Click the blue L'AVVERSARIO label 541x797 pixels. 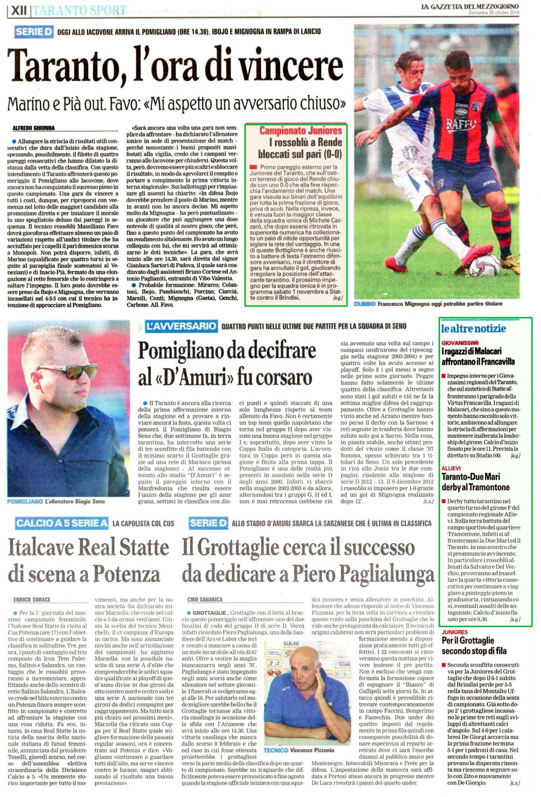180,326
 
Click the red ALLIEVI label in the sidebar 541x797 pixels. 451,468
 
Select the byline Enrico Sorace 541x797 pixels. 32,600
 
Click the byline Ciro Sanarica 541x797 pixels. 205,600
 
